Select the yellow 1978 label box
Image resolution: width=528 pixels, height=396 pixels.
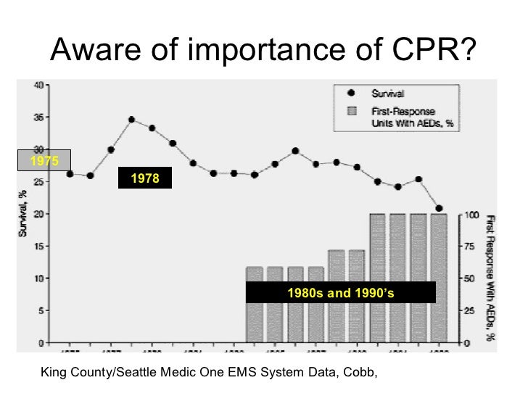point(145,178)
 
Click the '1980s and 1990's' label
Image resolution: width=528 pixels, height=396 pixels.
point(341,292)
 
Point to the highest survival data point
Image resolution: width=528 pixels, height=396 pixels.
point(131,119)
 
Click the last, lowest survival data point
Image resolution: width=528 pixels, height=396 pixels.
point(439,208)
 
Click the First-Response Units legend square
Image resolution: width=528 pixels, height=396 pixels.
point(352,111)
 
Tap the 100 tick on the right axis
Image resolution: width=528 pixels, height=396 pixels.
point(471,215)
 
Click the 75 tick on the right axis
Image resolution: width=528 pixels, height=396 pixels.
point(471,247)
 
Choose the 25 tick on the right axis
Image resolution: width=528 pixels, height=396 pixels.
point(471,310)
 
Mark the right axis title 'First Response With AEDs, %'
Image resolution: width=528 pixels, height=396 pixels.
point(492,277)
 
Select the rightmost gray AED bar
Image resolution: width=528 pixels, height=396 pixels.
point(439,277)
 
